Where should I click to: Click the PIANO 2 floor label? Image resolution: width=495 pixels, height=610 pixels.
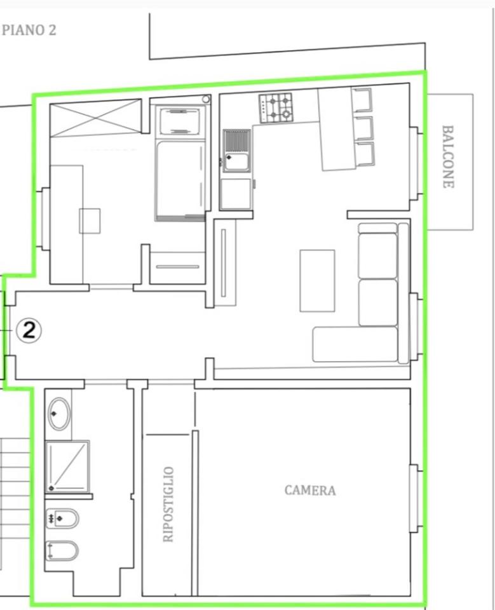[x=29, y=30]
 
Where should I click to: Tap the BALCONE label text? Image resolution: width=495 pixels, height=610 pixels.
[x=448, y=156]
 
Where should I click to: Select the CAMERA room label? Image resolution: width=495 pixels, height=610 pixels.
[x=310, y=490]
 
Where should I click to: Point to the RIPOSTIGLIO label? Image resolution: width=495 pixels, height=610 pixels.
[x=168, y=504]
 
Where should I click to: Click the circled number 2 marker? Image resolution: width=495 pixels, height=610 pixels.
[x=29, y=330]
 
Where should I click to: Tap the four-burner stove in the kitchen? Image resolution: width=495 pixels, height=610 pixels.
[x=276, y=108]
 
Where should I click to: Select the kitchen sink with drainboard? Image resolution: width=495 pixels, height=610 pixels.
[x=236, y=151]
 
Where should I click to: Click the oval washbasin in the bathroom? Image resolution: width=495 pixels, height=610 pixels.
[x=59, y=414]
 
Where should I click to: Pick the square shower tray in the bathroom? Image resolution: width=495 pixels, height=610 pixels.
[x=67, y=466]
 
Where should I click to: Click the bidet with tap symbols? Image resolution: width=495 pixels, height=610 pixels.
[x=62, y=518]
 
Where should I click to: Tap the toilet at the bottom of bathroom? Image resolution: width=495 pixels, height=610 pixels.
[x=62, y=550]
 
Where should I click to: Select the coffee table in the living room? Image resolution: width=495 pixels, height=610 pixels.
[x=317, y=280]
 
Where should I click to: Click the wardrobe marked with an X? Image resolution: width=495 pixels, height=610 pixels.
[x=96, y=118]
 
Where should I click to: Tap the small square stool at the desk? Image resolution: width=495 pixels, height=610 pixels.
[x=90, y=221]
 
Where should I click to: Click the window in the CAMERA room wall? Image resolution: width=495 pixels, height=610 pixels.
[x=415, y=498]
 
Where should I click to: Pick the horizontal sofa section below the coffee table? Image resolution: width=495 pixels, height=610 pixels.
[x=355, y=344]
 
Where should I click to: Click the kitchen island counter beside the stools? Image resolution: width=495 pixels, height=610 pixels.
[x=338, y=129]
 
